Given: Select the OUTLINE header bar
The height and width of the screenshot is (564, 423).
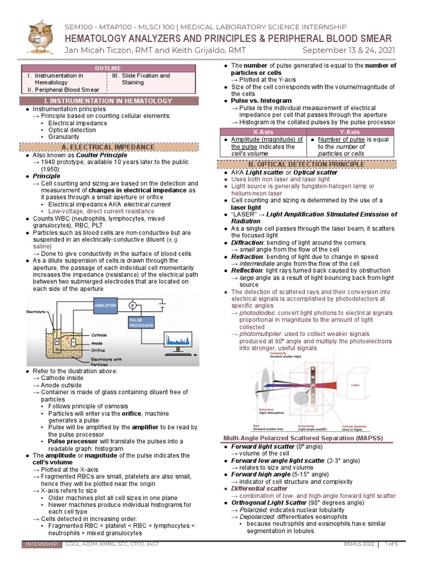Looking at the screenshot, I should (x=108, y=67).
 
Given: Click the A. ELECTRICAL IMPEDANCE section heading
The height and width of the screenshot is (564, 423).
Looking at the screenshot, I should (x=108, y=147).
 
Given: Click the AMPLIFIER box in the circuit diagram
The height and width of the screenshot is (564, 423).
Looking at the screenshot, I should (x=106, y=305).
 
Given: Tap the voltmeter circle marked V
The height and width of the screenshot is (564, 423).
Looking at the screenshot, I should (x=132, y=305).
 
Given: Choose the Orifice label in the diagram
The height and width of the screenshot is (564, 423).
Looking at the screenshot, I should (x=98, y=349).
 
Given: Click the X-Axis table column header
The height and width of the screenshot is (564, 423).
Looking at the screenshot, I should (x=263, y=132).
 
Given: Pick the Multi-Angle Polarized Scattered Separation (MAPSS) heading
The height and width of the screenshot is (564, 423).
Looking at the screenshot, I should (x=303, y=438).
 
